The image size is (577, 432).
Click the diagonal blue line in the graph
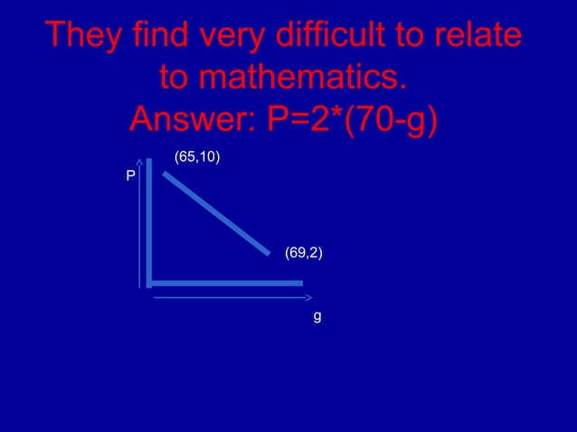coord(217,212)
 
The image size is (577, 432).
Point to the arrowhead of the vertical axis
coord(140,165)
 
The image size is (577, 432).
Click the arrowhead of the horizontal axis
coord(308,296)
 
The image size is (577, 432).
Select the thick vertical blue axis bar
coord(149,221)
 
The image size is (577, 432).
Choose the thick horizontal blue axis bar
coord(226,283)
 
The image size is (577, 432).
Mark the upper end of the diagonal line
coord(166,173)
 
